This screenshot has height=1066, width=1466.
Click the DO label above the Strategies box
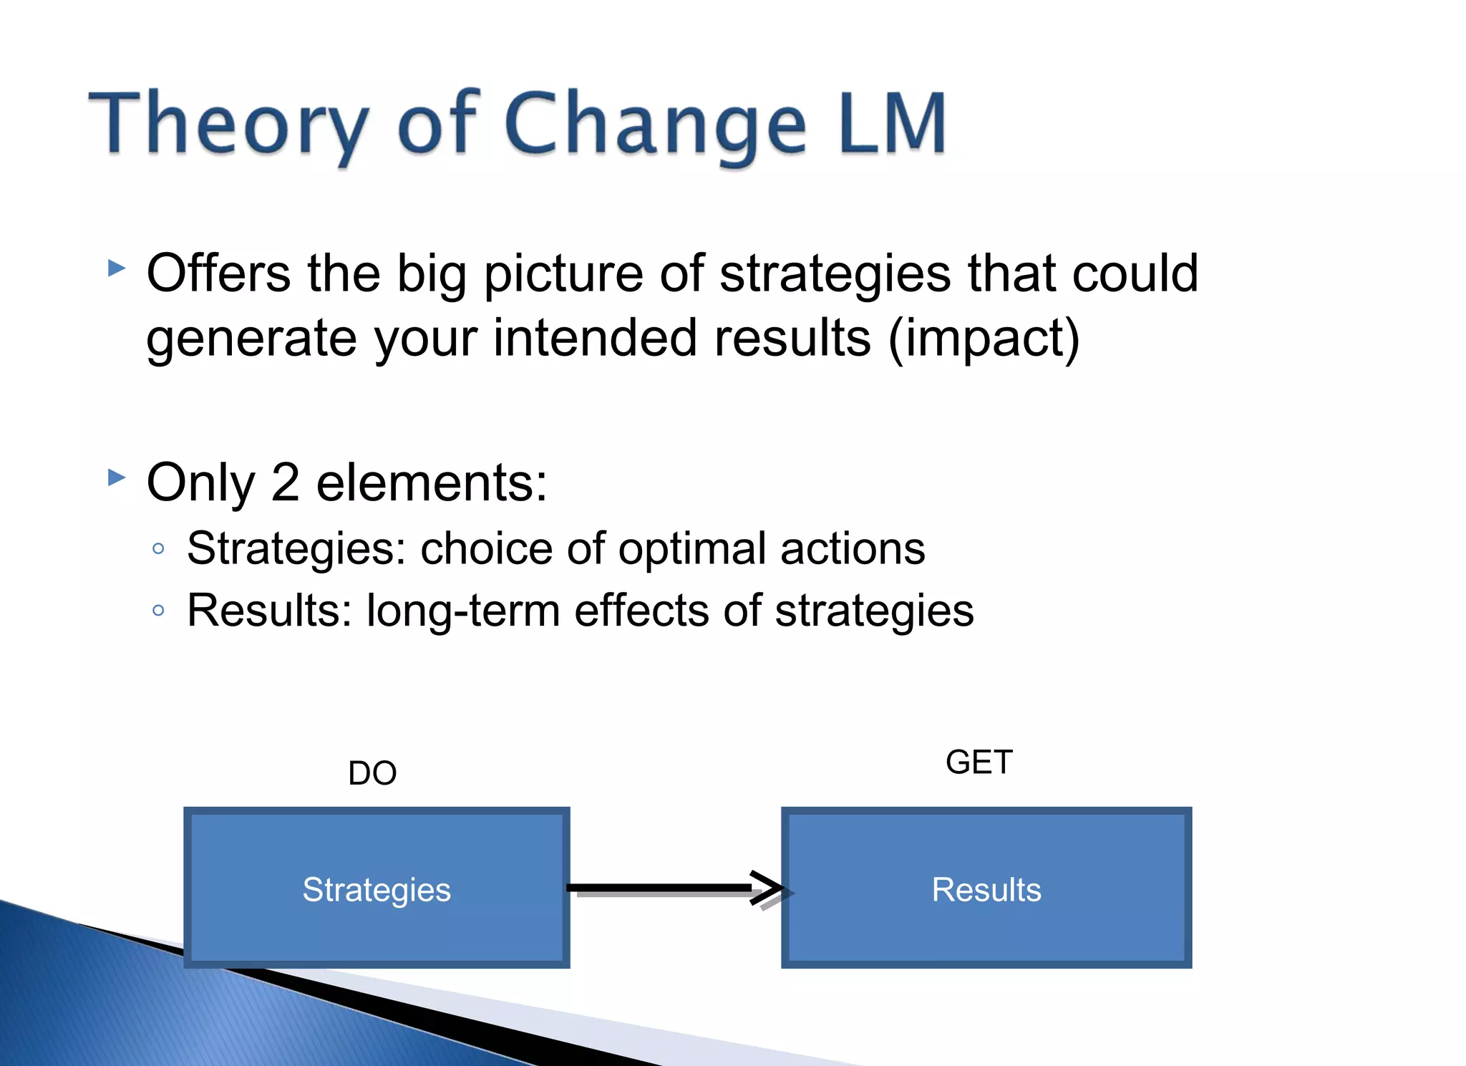pos(372,773)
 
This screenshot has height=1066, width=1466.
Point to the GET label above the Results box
pos(979,762)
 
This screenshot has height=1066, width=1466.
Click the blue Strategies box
pos(377,888)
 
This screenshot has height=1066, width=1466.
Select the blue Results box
pos(986,888)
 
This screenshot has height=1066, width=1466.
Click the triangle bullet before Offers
pos(117,268)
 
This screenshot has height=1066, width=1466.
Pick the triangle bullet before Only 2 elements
pos(117,477)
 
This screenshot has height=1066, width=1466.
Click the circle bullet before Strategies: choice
pos(159,549)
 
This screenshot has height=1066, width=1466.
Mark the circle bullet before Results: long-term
pos(159,611)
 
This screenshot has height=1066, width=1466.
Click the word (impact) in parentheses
pos(984,338)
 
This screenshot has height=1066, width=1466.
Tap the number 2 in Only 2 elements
pos(285,483)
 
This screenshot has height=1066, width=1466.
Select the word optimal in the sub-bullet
pos(692,549)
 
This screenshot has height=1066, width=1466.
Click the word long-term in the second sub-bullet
pos(463,611)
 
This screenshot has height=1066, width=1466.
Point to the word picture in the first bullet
pos(563,275)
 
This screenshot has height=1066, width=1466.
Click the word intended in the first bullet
pos(594,338)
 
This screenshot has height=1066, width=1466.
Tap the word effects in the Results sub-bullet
pos(641,611)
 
